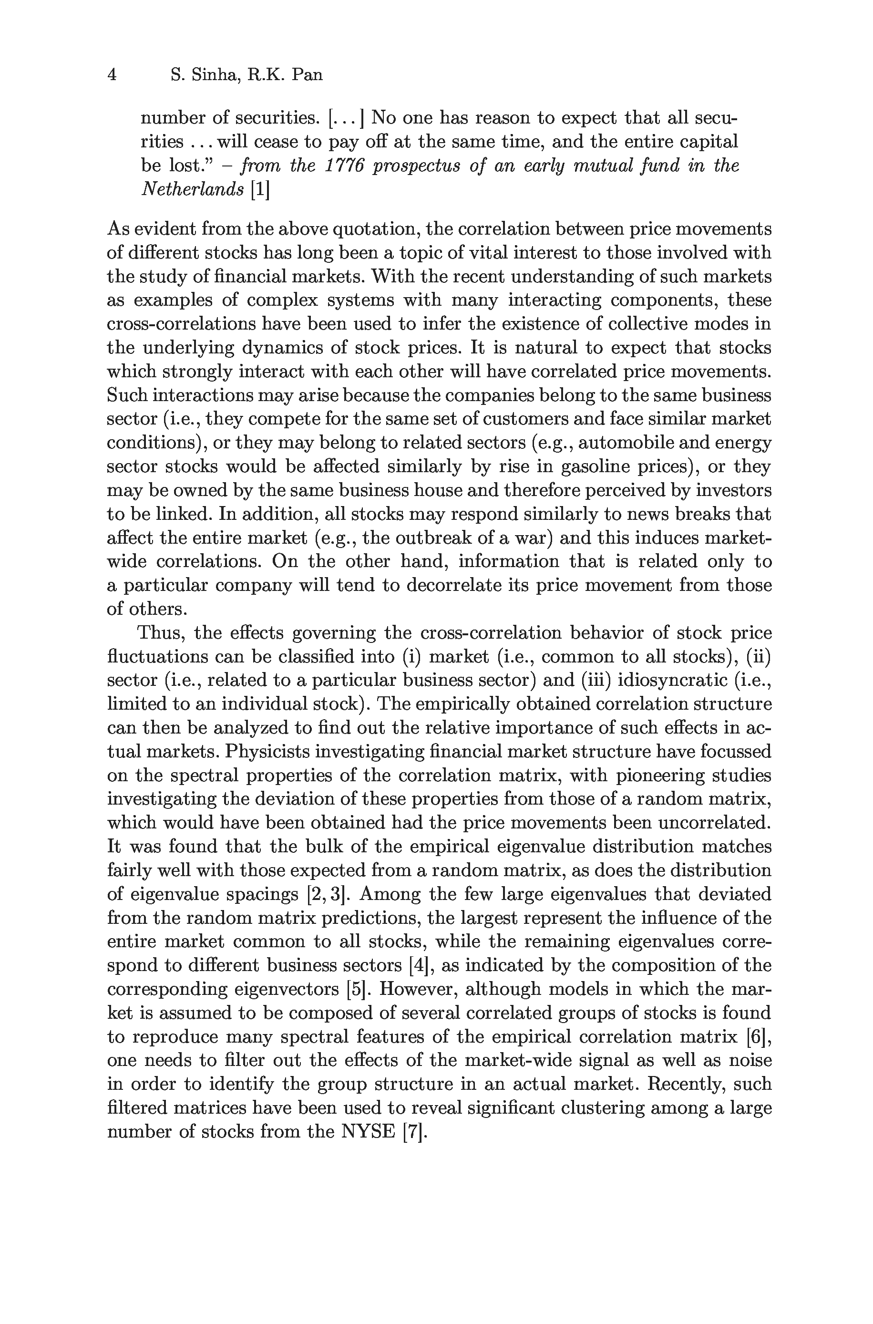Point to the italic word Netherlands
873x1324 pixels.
pos(193,189)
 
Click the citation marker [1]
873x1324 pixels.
pos(260,189)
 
